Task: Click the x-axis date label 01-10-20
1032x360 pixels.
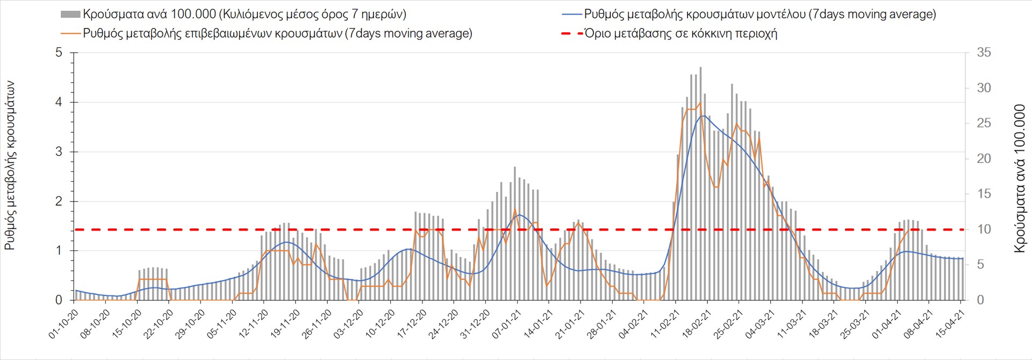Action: [x=63, y=324]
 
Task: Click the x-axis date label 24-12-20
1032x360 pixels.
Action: [x=443, y=324]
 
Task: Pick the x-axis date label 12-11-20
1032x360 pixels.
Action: [x=253, y=324]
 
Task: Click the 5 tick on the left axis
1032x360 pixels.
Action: [x=59, y=53]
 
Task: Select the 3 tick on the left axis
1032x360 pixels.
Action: [x=59, y=152]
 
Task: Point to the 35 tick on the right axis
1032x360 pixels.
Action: [x=984, y=53]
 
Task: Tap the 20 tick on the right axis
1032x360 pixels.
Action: [x=984, y=159]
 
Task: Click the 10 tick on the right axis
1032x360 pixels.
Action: [x=984, y=229]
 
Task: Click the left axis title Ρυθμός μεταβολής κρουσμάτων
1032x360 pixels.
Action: [x=10, y=165]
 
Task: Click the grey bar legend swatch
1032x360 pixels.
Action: [x=70, y=14]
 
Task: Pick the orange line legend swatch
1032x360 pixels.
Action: [x=71, y=33]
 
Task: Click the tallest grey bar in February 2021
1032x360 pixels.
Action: [x=700, y=161]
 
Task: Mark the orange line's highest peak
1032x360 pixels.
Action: [x=700, y=103]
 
